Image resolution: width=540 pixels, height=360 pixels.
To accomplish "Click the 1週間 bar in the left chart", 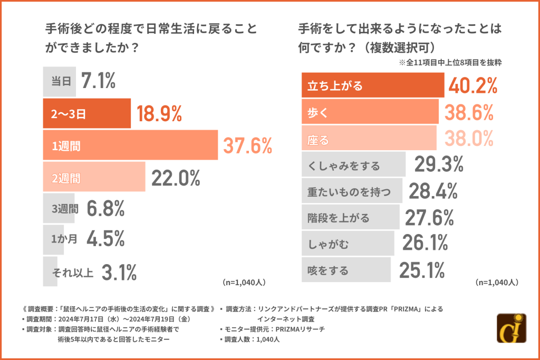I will (130, 145).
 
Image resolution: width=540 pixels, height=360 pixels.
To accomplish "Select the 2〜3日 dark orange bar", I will (86, 113).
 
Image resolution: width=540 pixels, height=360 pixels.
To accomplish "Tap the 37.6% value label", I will (248, 145).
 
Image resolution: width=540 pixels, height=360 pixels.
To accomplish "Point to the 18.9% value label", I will (159, 113).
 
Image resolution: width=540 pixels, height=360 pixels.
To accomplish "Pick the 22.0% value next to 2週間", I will (176, 178).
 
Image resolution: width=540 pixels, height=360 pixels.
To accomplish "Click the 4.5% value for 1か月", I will (105, 240).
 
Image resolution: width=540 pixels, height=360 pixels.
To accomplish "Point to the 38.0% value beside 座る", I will (468, 139).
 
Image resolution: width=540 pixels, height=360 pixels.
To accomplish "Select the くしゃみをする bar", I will (353, 166).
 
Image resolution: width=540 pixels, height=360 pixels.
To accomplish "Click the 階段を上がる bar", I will (350, 218).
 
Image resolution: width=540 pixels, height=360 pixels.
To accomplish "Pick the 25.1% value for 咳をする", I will (422, 270).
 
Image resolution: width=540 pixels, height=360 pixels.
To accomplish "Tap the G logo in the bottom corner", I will (512, 328).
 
